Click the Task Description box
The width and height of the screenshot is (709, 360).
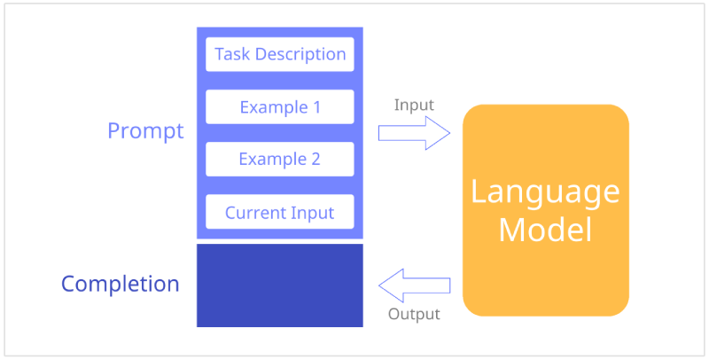(x=280, y=54)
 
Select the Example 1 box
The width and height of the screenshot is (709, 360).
(x=280, y=106)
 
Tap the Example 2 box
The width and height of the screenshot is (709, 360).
(x=280, y=160)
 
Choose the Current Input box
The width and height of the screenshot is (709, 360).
(x=280, y=212)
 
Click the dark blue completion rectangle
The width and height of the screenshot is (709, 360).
(x=280, y=286)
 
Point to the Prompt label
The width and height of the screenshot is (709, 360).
(x=145, y=131)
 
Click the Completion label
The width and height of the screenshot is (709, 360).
(x=121, y=285)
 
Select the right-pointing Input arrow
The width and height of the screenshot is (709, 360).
(x=414, y=133)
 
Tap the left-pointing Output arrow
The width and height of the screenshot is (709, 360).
(x=414, y=286)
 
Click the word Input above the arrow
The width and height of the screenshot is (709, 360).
(x=414, y=105)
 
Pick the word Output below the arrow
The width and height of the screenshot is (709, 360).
(x=414, y=314)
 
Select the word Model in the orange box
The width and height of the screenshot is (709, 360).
(x=545, y=231)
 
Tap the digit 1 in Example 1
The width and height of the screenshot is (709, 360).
(x=316, y=107)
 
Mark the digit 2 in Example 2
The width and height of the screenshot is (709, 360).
(x=316, y=160)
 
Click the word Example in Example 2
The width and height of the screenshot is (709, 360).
(x=273, y=160)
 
